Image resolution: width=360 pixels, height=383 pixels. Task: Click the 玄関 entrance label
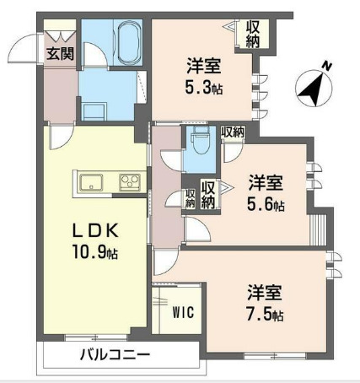pyautogui.click(x=60, y=54)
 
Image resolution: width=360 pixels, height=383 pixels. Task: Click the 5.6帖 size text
pyautogui.click(x=265, y=205)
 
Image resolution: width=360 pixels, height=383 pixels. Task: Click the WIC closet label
pyautogui.click(x=184, y=312)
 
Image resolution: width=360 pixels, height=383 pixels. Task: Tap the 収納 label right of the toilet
pyautogui.click(x=234, y=132)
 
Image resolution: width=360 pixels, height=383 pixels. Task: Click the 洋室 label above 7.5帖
pyautogui.click(x=264, y=294)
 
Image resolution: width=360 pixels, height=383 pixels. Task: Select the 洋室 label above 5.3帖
pyautogui.click(x=204, y=63)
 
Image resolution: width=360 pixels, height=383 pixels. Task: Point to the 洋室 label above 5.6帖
pyautogui.click(x=265, y=183)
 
